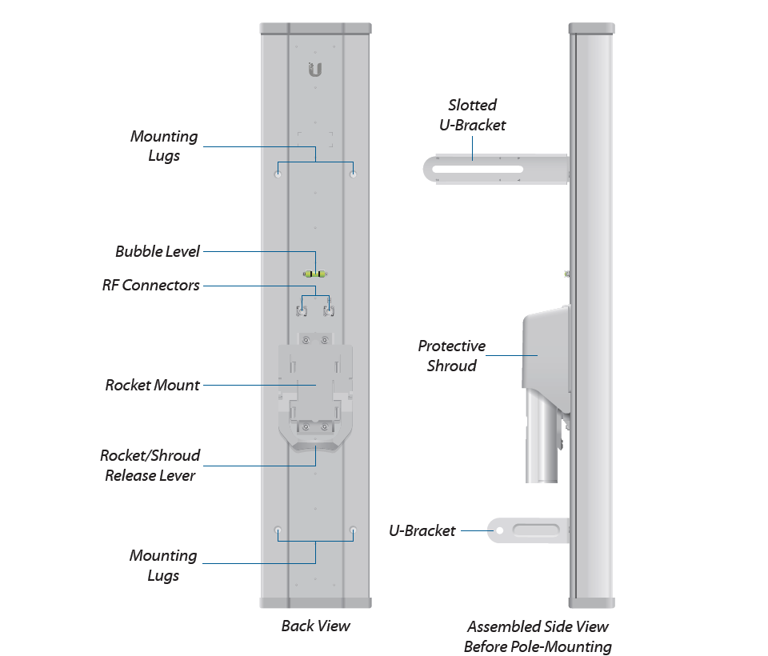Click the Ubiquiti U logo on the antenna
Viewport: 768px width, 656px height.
pyautogui.click(x=315, y=70)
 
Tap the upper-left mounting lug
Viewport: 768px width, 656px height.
pyautogui.click(x=278, y=172)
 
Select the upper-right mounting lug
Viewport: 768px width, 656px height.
pyautogui.click(x=353, y=172)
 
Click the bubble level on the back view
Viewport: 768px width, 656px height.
pyautogui.click(x=315, y=274)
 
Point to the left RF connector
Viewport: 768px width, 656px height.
pyautogui.click(x=304, y=308)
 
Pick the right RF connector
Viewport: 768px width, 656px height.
pyautogui.click(x=327, y=308)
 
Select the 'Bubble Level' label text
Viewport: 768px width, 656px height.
pyautogui.click(x=158, y=251)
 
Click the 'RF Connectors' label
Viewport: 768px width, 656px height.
pyautogui.click(x=150, y=285)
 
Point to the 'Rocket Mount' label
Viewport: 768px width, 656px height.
pyautogui.click(x=152, y=385)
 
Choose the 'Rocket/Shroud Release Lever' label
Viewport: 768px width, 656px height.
pyautogui.click(x=150, y=465)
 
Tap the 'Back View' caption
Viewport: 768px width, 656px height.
pyautogui.click(x=315, y=626)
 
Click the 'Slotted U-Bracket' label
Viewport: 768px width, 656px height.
pyautogui.click(x=472, y=114)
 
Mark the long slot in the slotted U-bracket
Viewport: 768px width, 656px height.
pyautogui.click(x=476, y=170)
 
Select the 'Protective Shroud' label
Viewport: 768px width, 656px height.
pyautogui.click(x=451, y=356)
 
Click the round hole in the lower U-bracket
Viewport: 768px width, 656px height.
pyautogui.click(x=500, y=530)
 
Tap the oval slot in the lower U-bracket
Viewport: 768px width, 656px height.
pyautogui.click(x=536, y=530)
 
